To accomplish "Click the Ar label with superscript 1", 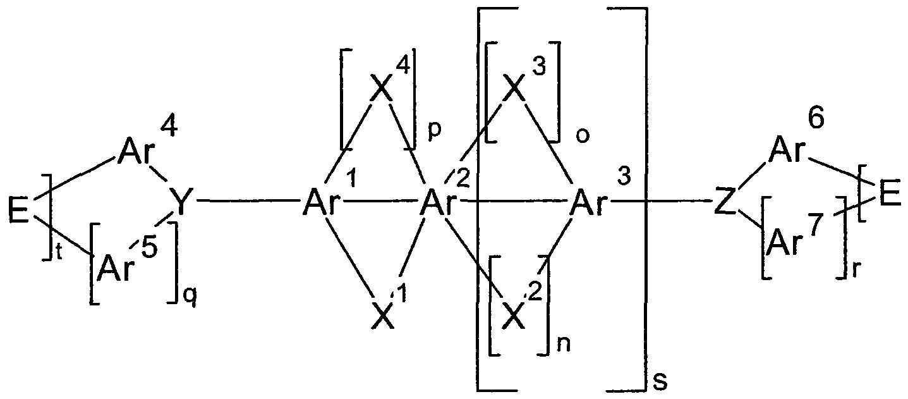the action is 320,204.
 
